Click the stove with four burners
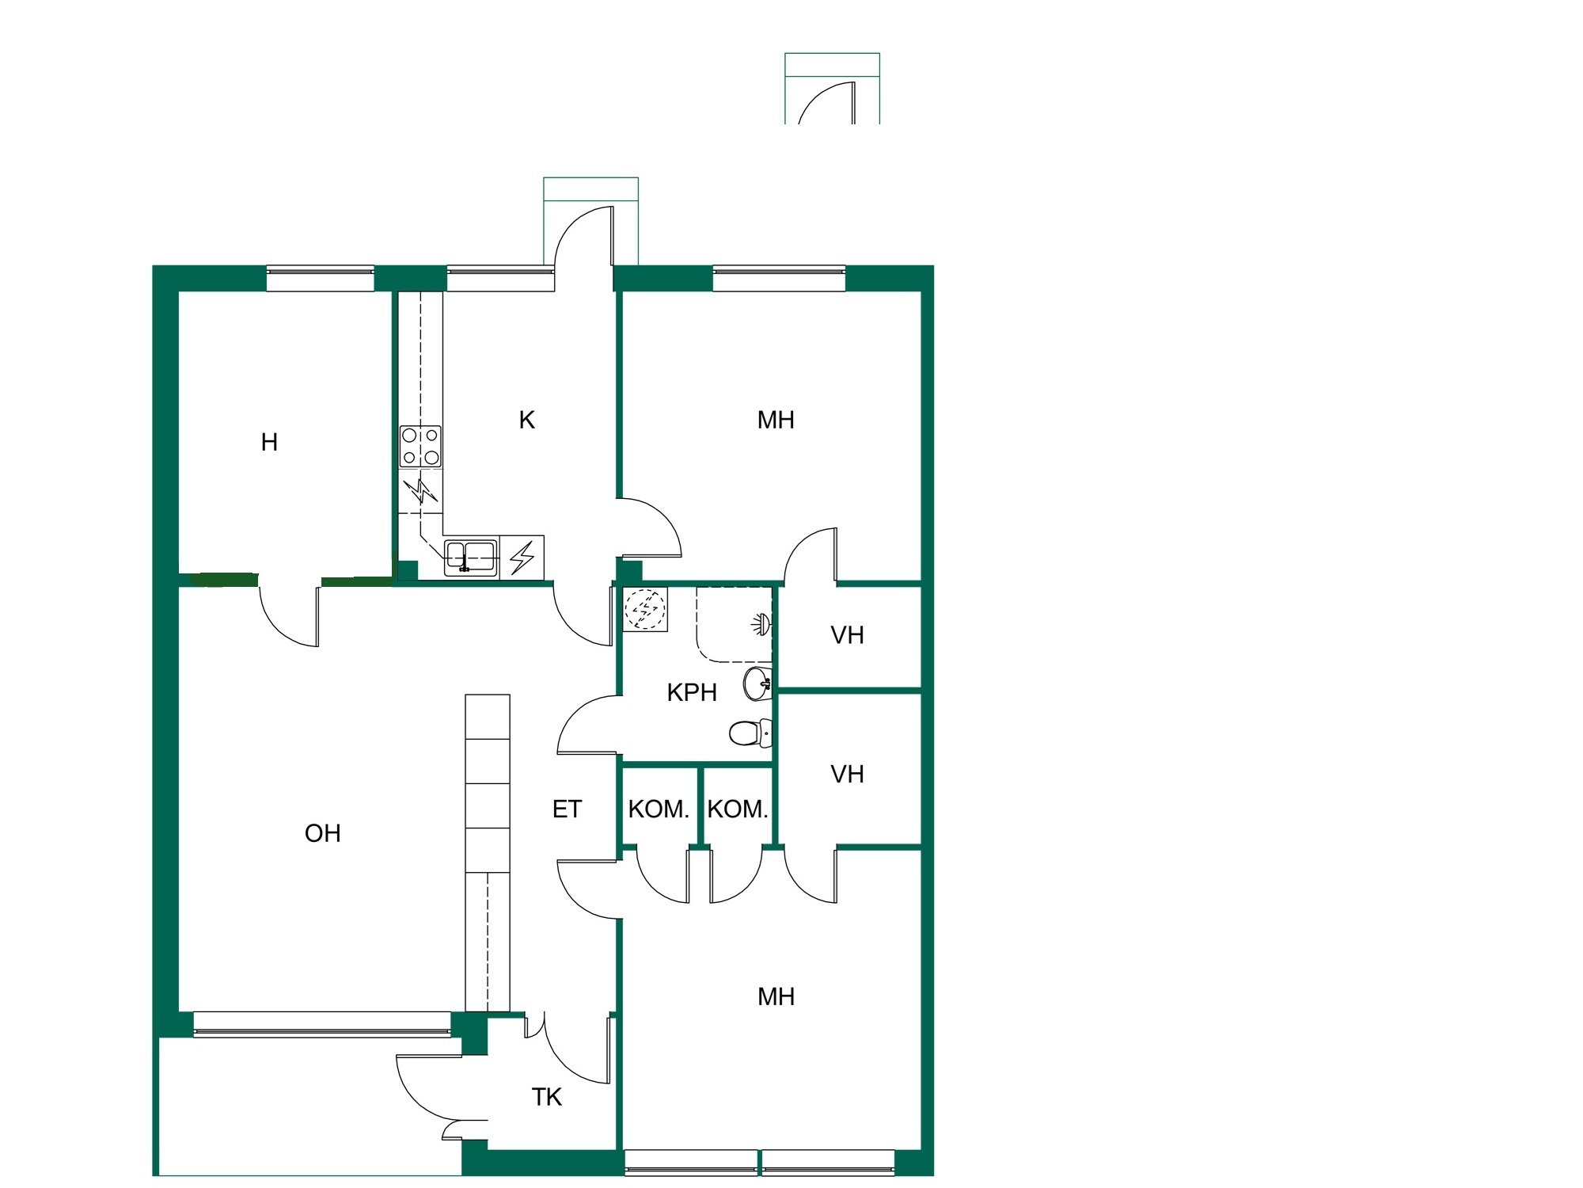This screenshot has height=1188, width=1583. [x=420, y=447]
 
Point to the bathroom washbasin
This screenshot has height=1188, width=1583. [x=757, y=683]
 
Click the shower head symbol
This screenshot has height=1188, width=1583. [x=761, y=624]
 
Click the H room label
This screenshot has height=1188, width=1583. [x=269, y=442]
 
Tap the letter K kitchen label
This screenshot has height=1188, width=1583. [x=526, y=420]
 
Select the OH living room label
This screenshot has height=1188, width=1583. [x=323, y=832]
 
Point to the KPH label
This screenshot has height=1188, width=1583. [x=692, y=692]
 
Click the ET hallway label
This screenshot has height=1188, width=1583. [x=567, y=809]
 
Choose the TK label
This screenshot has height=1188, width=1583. [x=546, y=1097]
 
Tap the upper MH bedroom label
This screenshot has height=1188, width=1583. [x=776, y=420]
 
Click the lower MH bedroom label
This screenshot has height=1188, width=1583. [x=776, y=996]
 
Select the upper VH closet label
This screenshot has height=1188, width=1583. [x=847, y=635]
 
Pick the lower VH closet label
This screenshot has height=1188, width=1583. [x=847, y=774]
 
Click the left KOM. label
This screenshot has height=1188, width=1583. [x=659, y=809]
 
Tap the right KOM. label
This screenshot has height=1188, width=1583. [x=738, y=809]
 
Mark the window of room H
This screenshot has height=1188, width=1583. [x=320, y=278]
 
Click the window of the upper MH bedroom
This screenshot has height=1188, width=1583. [x=779, y=278]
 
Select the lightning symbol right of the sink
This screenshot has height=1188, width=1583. [x=522, y=557]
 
